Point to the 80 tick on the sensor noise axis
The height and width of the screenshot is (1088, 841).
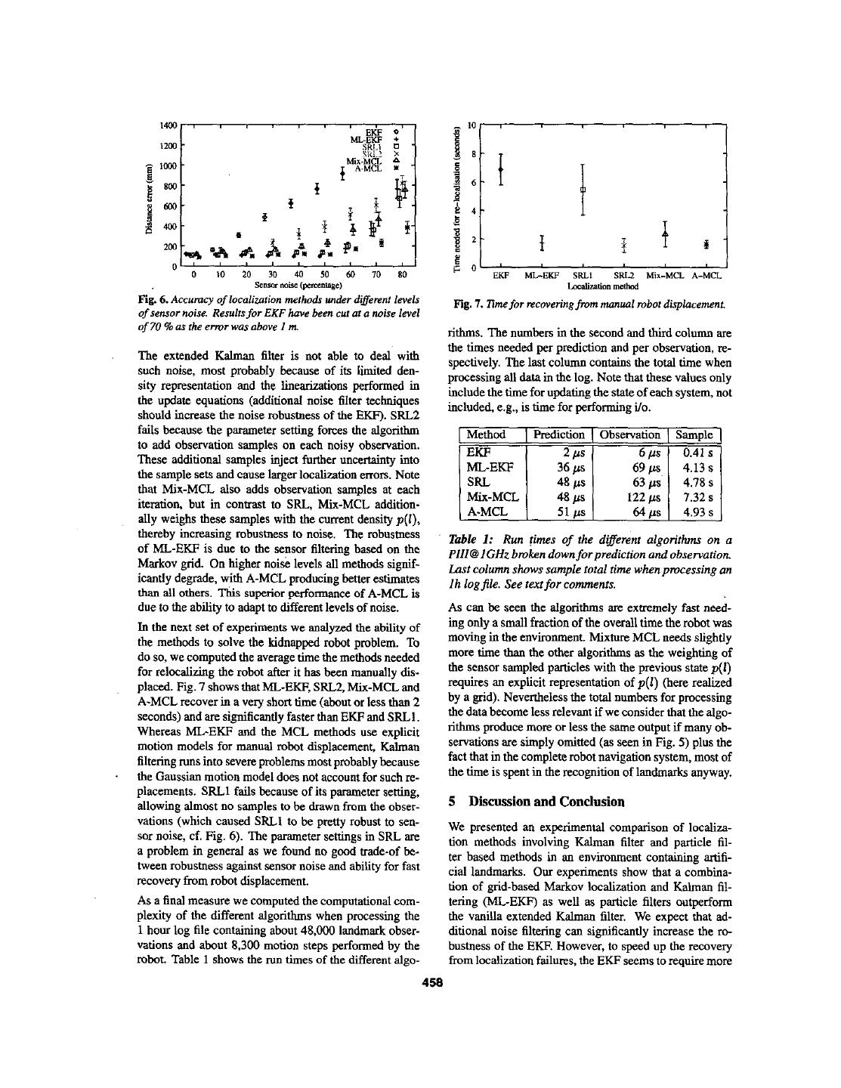tap(402, 275)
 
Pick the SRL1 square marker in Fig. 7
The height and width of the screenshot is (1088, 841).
tap(583, 190)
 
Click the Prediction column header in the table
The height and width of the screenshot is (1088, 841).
tap(558, 434)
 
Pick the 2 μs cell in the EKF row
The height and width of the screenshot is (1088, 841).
tap(571, 452)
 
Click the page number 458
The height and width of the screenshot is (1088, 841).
tap(431, 982)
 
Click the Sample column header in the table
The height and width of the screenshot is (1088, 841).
tap(694, 434)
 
